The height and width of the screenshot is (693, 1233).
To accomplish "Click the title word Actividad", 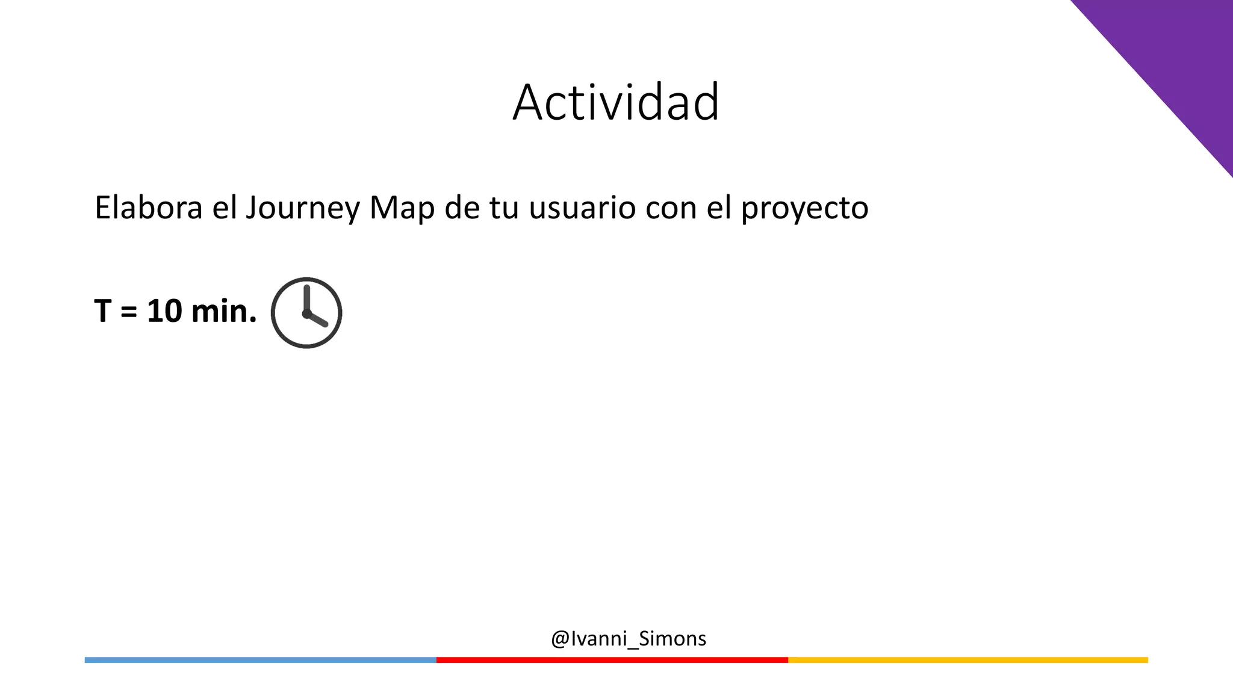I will tap(616, 102).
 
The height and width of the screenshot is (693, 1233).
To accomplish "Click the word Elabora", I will tap(148, 208).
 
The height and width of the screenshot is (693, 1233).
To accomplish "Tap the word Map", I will tap(402, 209).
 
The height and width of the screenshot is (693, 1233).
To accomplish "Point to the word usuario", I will tap(582, 208).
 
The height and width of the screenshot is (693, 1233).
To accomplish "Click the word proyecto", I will tap(804, 209).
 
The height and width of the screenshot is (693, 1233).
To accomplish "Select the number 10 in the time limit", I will tap(164, 312).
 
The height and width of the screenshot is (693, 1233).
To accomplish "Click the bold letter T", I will tap(102, 312).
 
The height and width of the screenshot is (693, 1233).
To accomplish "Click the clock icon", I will tap(306, 313).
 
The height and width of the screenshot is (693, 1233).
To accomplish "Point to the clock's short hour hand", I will tap(318, 319).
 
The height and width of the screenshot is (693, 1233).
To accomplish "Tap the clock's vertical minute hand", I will tap(306, 298).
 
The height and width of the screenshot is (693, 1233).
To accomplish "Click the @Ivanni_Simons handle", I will tap(628, 638).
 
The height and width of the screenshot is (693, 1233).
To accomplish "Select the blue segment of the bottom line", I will tap(260, 660).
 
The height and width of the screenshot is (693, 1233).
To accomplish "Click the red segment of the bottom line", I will tap(612, 660).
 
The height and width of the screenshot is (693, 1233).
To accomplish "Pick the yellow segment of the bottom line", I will tap(967, 660).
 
